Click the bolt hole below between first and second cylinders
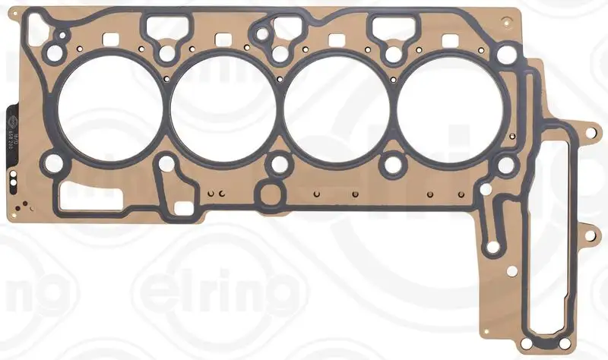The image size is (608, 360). [x=164, y=162]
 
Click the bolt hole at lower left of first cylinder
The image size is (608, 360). [x=52, y=163]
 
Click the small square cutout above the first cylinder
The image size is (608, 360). [x=109, y=39]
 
